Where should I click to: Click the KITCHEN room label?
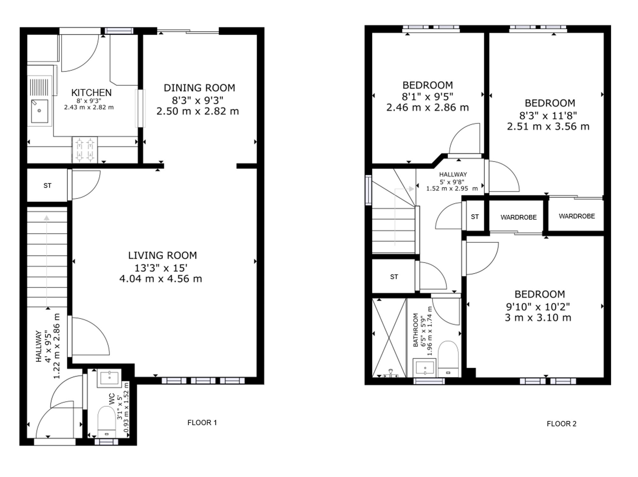pyautogui.click(x=91, y=93)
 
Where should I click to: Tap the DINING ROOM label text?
pyautogui.click(x=199, y=88)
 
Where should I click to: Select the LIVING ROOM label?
pyautogui.click(x=162, y=255)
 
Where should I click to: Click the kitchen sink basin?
pyautogui.click(x=39, y=111)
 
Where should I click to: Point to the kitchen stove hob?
pyautogui.click(x=85, y=150)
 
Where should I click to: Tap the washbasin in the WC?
pyautogui.click(x=109, y=378)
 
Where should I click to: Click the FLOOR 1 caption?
pyautogui.click(x=202, y=423)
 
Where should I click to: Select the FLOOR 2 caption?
pyautogui.click(x=561, y=424)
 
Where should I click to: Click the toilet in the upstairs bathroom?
pyautogui.click(x=448, y=359)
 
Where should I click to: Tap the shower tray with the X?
pyautogui.click(x=389, y=338)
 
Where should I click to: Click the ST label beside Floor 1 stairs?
pyautogui.click(x=47, y=185)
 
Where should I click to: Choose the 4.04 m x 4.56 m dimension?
pyautogui.click(x=160, y=279)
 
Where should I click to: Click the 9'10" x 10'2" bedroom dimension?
pyautogui.click(x=538, y=307)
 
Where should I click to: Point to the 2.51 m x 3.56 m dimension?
pyautogui.click(x=548, y=126)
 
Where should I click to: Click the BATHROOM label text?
pyautogui.click(x=416, y=330)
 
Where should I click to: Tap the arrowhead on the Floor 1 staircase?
pyautogui.click(x=47, y=218)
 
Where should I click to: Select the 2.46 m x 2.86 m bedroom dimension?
pyautogui.click(x=427, y=107)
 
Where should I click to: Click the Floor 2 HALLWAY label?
pyautogui.click(x=453, y=174)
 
